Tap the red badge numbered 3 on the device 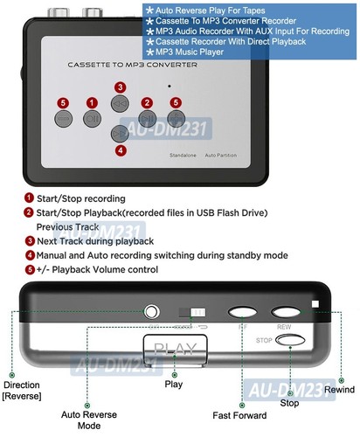pyautogui.click(x=120, y=87)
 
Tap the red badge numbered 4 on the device pyautogui.click(x=120, y=149)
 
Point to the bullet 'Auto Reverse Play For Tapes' pyautogui.click(x=208, y=10)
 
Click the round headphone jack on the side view pyautogui.click(x=154, y=311)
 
